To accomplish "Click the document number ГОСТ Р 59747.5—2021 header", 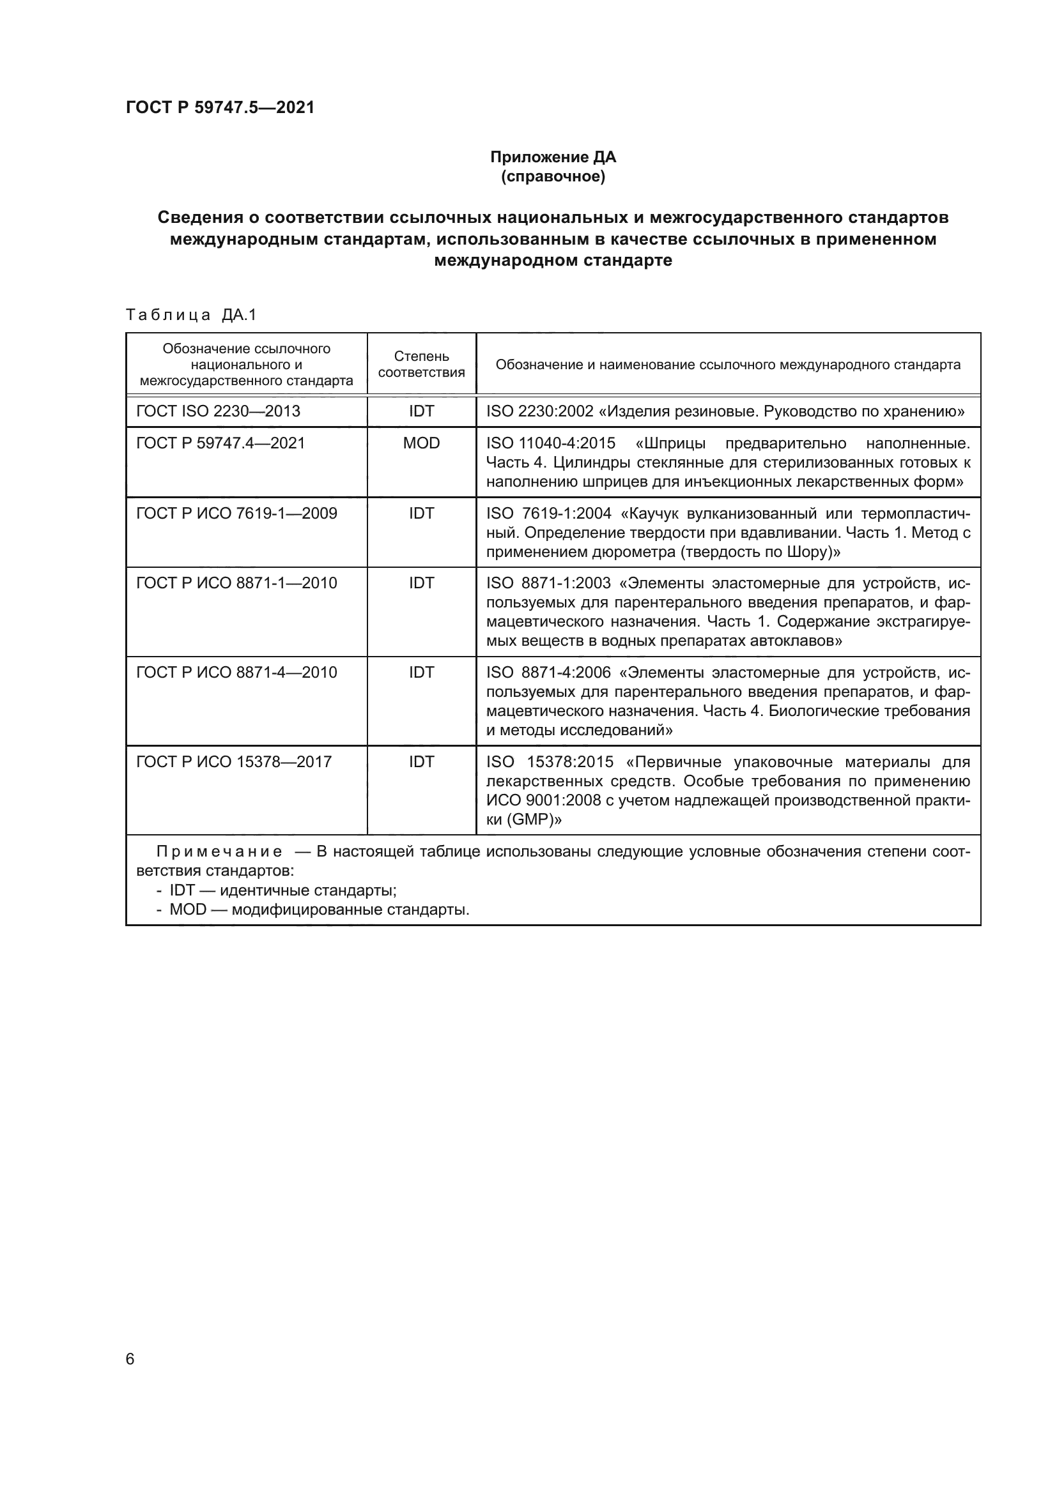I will click(220, 107).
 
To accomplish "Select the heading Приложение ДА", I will click(553, 157).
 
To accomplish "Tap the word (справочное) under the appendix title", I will click(553, 176).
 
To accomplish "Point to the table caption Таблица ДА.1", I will click(191, 315).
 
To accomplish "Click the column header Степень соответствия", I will click(421, 364).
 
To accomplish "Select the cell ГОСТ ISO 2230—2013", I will click(218, 411).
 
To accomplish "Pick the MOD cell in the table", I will click(421, 443).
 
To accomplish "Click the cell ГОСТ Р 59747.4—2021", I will click(220, 443).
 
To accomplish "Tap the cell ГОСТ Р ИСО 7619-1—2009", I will click(236, 514).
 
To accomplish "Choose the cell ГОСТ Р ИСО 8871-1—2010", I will click(236, 583).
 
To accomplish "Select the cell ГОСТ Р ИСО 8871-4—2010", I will click(236, 672).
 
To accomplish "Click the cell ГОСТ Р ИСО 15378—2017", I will click(234, 761).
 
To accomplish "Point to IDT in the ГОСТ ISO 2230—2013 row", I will click(421, 411).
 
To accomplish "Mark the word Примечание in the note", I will click(219, 852).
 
